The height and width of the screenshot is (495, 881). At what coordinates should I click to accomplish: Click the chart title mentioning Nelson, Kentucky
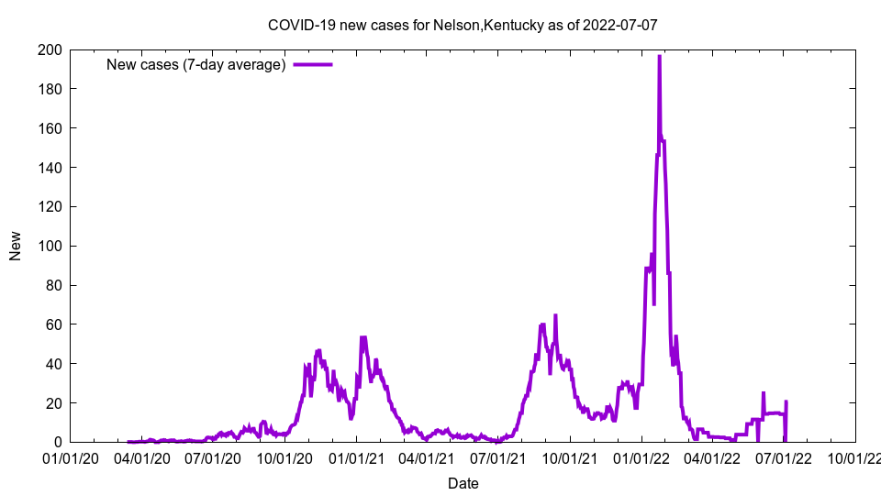click(x=463, y=25)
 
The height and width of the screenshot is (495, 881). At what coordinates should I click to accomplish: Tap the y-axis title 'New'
click(x=16, y=246)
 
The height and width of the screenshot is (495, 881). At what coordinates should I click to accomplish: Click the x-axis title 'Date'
click(x=463, y=483)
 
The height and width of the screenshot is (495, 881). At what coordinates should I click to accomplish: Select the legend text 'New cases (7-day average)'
click(x=195, y=64)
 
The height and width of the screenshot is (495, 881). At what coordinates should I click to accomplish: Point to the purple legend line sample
click(x=312, y=64)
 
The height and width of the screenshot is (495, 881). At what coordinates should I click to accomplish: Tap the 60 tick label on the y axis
click(x=53, y=324)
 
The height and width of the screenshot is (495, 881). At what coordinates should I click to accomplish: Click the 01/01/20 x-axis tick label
click(x=70, y=457)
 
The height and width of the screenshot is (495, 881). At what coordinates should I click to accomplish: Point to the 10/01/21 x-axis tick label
click(x=570, y=457)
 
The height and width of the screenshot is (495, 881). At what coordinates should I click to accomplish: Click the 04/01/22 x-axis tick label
click(x=712, y=457)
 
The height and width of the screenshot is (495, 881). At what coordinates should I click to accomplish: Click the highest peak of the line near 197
click(x=659, y=56)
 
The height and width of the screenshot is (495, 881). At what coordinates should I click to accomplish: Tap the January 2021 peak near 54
click(x=362, y=337)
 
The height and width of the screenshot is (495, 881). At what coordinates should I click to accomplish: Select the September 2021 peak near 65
click(x=555, y=315)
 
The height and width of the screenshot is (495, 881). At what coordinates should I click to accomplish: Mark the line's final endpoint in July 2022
click(x=786, y=401)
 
